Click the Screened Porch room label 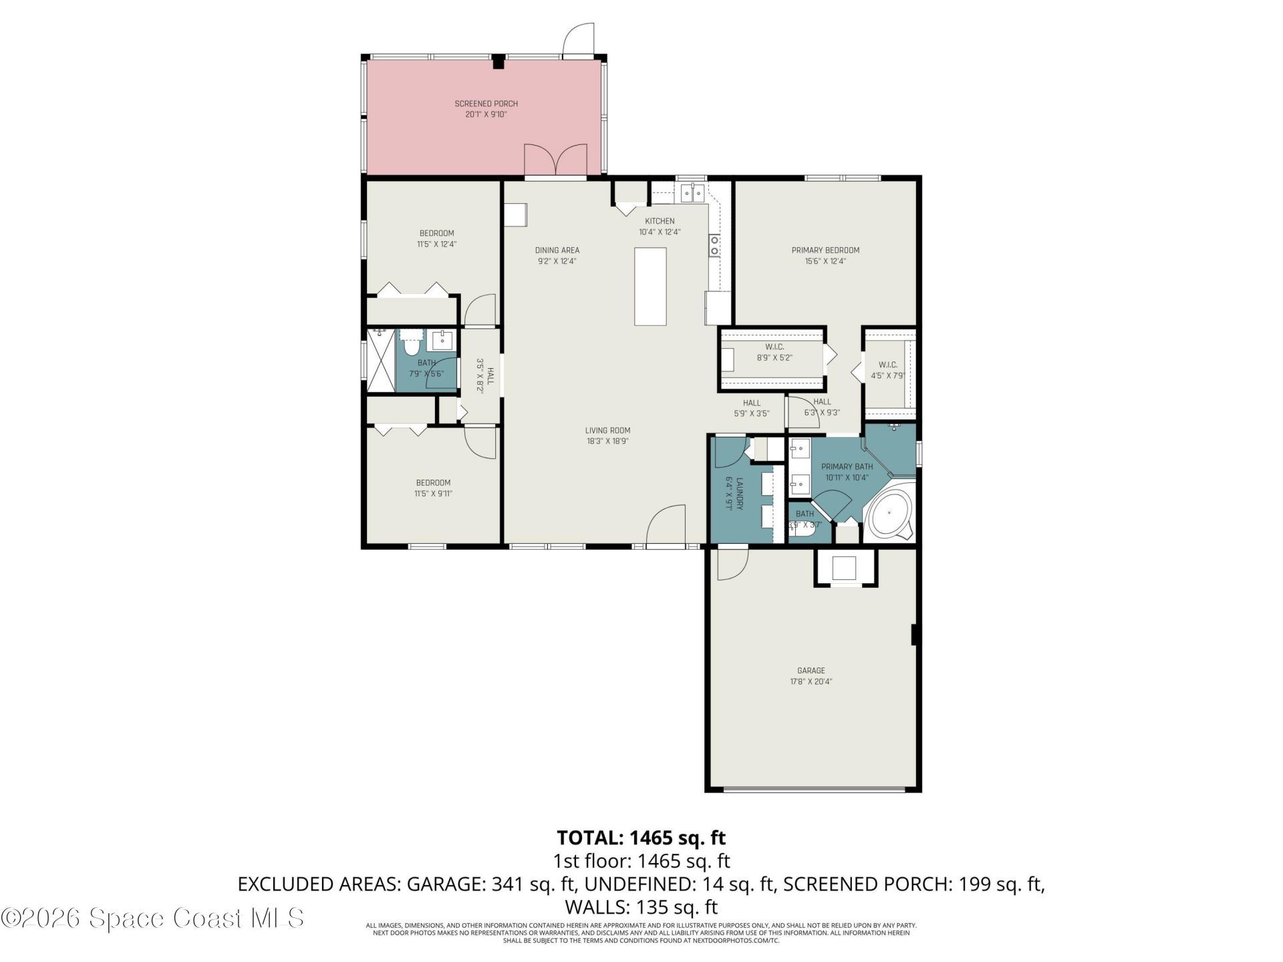pyautogui.click(x=486, y=104)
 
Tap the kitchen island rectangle pyautogui.click(x=650, y=286)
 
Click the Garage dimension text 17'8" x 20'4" pyautogui.click(x=811, y=682)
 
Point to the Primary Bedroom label pyautogui.click(x=825, y=251)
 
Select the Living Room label pyautogui.click(x=607, y=430)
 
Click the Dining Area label pyautogui.click(x=557, y=251)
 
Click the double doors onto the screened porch pyautogui.click(x=555, y=160)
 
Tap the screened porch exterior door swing pyautogui.click(x=578, y=40)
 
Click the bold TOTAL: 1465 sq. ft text pyautogui.click(x=641, y=837)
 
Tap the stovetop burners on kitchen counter pyautogui.click(x=714, y=245)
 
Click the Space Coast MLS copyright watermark pyautogui.click(x=152, y=918)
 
